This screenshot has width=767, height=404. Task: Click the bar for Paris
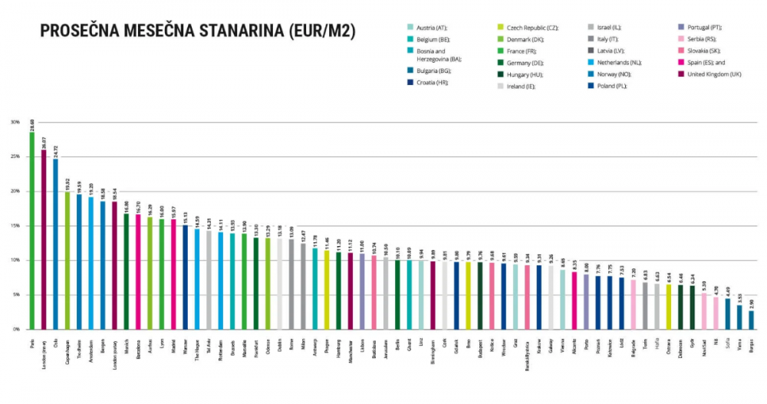32,230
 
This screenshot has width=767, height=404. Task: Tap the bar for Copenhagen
67,260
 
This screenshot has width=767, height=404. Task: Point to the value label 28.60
32,123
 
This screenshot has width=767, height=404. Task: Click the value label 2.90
751,304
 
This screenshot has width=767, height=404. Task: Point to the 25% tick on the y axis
15,156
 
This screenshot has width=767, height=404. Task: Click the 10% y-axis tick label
15,260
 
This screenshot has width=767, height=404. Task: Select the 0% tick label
16,329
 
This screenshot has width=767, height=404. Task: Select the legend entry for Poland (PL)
625,87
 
